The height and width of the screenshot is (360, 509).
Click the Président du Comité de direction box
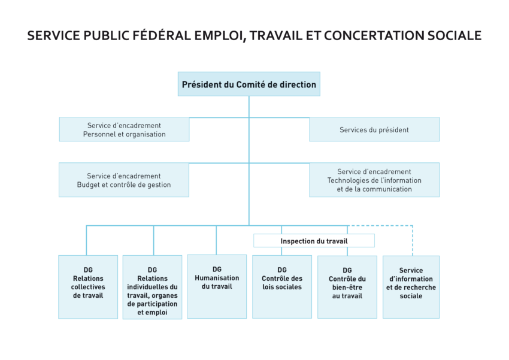(249, 84)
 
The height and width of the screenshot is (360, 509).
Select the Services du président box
(374, 129)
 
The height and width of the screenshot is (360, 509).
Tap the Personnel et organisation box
(124, 129)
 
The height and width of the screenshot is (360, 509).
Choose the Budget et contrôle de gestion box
(124, 180)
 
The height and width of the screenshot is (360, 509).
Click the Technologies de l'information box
(374, 180)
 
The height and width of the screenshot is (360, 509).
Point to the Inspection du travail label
(314, 241)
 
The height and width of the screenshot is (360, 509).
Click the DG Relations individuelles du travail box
(152, 287)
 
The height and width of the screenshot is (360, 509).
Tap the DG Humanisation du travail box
(217, 286)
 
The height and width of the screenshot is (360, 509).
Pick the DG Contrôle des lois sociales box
(282, 286)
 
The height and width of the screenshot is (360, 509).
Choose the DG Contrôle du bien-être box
(347, 286)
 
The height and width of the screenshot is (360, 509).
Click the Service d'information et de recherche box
(411, 286)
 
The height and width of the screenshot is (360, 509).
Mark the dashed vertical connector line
(413, 240)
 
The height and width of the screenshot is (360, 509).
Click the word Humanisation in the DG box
(217, 278)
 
